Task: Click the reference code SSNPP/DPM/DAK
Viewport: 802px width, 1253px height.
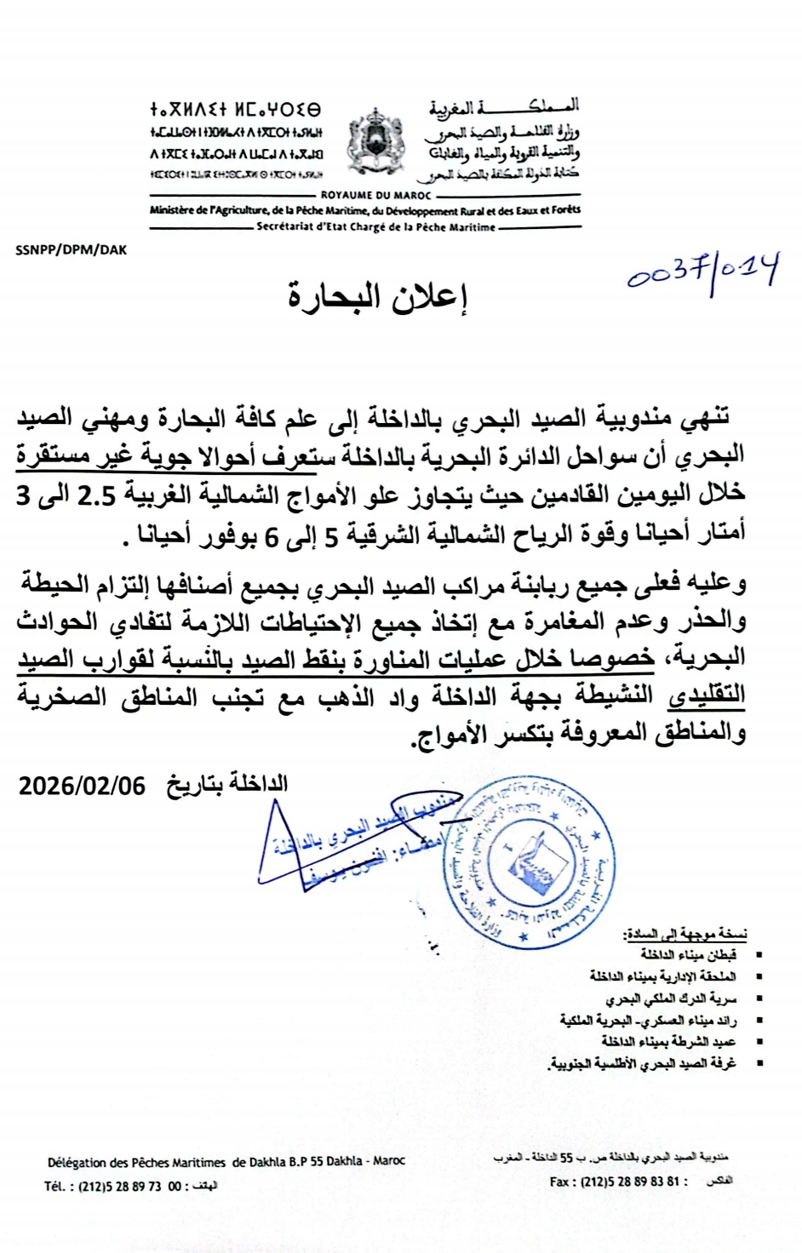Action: pyautogui.click(x=72, y=249)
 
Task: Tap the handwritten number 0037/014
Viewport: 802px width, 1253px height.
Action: pyautogui.click(x=703, y=273)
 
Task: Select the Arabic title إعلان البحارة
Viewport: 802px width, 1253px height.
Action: pyautogui.click(x=378, y=297)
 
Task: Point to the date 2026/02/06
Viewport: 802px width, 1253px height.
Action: pyautogui.click(x=83, y=784)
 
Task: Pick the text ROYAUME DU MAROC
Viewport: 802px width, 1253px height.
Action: pyautogui.click(x=376, y=195)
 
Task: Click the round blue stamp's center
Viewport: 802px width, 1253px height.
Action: pyautogui.click(x=530, y=862)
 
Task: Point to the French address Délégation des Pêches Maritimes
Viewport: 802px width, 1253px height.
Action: pyautogui.click(x=136, y=1161)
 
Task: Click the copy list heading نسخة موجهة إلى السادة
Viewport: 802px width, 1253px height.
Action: pyautogui.click(x=686, y=934)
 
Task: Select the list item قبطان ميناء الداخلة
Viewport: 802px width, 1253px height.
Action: pyautogui.click(x=689, y=955)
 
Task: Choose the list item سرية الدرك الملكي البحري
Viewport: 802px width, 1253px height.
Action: pyautogui.click(x=671, y=998)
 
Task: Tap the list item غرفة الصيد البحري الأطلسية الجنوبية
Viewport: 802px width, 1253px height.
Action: pyautogui.click(x=643, y=1062)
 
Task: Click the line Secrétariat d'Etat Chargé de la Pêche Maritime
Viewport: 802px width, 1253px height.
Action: pyautogui.click(x=376, y=227)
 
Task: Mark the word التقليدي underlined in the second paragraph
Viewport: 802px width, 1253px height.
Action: pyautogui.click(x=707, y=695)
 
